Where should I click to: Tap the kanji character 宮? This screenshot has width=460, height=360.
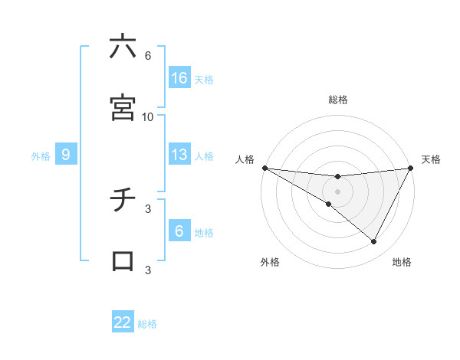click(123, 108)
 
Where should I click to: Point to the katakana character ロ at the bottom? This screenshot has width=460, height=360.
click(123, 261)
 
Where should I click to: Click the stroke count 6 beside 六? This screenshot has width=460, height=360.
click(148, 56)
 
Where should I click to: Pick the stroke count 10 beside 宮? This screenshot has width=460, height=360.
click(148, 117)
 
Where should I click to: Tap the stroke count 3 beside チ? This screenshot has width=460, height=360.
click(148, 208)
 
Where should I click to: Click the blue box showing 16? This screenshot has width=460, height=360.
click(179, 78)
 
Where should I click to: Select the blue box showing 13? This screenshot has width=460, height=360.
click(179, 155)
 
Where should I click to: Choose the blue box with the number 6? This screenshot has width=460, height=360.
click(179, 231)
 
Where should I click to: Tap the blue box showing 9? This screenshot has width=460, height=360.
click(66, 155)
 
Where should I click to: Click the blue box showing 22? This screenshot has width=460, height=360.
click(123, 322)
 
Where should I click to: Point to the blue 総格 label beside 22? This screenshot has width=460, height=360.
click(147, 324)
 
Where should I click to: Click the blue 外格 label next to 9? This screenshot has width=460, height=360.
click(41, 156)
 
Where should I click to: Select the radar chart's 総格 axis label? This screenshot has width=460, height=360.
click(338, 100)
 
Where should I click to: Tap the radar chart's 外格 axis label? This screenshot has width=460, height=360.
click(270, 262)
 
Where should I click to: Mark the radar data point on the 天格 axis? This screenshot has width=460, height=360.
click(411, 168)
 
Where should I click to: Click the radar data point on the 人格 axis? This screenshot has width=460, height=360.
click(264, 168)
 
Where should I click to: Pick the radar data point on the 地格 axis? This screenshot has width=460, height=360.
click(374, 242)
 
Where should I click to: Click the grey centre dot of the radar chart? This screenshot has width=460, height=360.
click(338, 191)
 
